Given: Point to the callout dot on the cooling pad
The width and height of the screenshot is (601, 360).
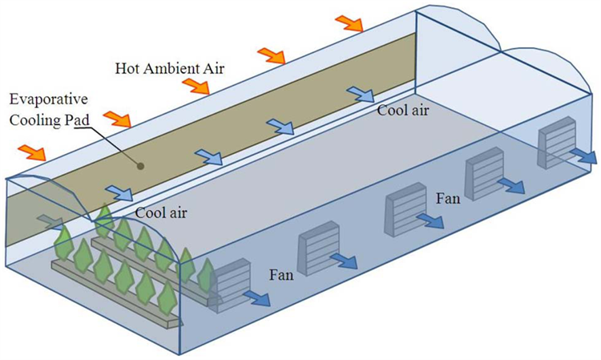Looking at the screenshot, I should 140,167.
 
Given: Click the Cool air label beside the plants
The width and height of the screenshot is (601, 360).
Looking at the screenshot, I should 162,214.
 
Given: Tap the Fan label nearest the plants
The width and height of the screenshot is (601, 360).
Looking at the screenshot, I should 281,275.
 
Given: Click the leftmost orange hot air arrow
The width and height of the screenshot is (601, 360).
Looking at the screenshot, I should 33,151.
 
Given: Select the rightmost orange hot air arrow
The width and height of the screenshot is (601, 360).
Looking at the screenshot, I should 349,22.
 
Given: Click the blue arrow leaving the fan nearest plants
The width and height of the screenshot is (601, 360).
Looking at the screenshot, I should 256,299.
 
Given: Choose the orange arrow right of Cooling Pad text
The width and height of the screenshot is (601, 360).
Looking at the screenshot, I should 117,119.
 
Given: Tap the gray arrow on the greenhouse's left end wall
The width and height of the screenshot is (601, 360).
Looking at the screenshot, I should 47,220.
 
